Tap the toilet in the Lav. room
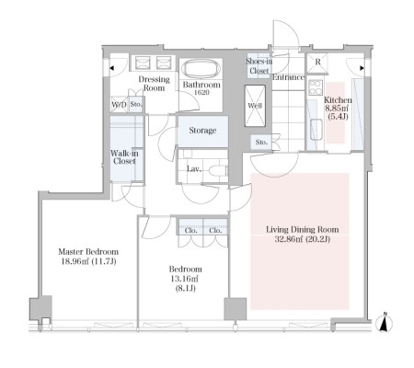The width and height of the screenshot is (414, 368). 218,170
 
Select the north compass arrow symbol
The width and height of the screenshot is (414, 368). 385,322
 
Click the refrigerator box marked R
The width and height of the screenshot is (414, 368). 317,63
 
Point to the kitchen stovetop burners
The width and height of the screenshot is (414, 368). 316,87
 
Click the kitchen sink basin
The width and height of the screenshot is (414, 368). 316,130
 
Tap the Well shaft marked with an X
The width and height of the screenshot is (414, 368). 255,106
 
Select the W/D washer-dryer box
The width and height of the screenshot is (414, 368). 119,105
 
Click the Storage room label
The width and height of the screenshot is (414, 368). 202,131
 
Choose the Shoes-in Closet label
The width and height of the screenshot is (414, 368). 259,66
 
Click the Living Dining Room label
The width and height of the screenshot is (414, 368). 303,229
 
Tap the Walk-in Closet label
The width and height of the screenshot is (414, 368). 124,157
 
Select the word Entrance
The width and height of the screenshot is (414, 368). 288,77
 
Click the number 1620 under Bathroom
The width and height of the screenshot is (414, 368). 201,92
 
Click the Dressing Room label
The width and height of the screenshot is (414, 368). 154,84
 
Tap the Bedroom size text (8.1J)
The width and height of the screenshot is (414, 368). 185,288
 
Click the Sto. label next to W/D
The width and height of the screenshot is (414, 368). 136,104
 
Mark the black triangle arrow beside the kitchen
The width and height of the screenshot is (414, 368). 362,68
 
